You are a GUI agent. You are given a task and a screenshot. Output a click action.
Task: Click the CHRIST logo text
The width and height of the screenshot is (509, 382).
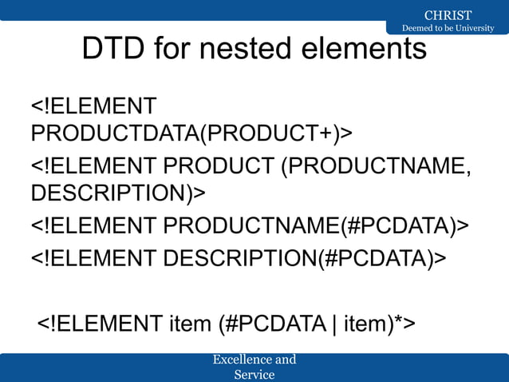pos(448,15)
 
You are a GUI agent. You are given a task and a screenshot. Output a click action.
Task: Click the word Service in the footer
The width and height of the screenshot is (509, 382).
pos(254,374)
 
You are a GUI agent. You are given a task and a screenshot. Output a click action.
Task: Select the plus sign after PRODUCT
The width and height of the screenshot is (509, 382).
pos(324,132)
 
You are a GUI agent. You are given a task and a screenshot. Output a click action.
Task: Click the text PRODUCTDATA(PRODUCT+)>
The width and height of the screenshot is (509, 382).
pos(191,132)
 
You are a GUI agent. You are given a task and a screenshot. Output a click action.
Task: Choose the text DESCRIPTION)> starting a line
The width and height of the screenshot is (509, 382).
pos(118,193)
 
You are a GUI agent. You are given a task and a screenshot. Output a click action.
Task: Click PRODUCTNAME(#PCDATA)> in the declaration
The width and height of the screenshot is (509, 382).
pos(316,228)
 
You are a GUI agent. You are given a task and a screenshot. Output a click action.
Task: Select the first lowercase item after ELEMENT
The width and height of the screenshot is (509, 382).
pos(190,324)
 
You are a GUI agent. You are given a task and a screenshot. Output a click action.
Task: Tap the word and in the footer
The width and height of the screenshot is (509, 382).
pos(286,360)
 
